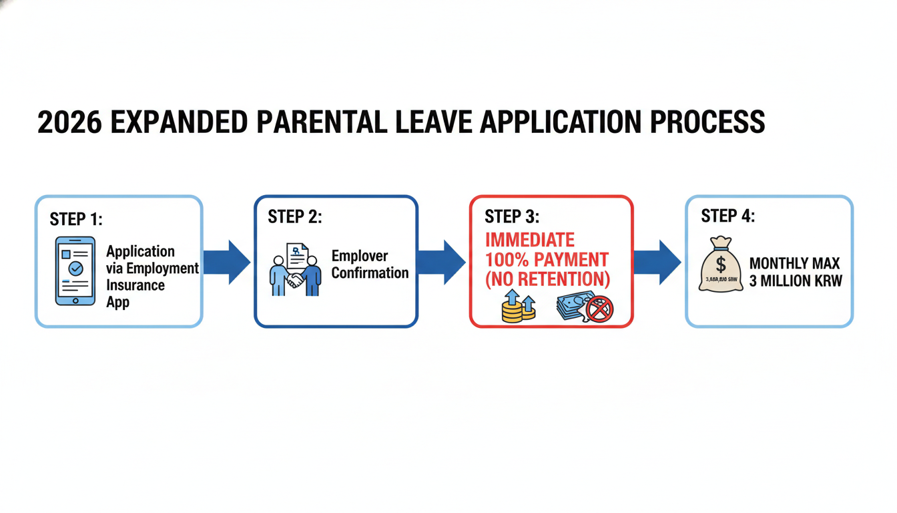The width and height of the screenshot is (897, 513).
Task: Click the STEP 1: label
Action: (x=76, y=219)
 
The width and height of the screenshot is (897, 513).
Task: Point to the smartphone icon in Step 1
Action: (x=75, y=271)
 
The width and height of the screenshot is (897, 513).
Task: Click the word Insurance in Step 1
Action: (x=135, y=285)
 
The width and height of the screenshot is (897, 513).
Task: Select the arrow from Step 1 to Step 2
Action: (x=228, y=263)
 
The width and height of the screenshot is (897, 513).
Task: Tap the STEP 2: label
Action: (x=294, y=216)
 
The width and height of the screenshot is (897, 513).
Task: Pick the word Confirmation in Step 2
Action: (x=370, y=273)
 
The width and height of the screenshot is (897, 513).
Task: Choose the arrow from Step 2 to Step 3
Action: (x=442, y=263)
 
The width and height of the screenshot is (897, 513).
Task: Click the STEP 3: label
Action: (x=512, y=216)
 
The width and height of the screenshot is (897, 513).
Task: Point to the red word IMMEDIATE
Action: (x=529, y=240)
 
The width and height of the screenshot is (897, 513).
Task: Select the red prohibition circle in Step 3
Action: (x=599, y=309)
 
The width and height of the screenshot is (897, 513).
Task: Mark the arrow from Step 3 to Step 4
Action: (x=658, y=263)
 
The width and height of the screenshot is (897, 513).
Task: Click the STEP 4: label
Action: (x=727, y=216)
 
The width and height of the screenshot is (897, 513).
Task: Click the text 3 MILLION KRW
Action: (x=796, y=281)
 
